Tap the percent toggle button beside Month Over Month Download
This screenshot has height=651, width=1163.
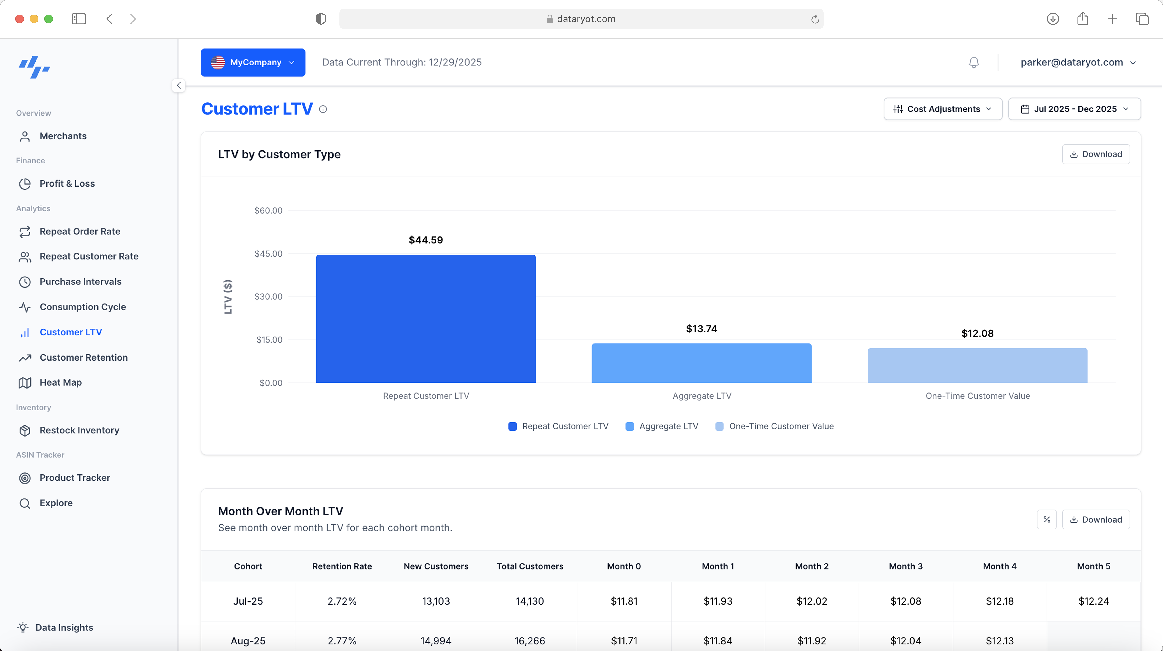(x=1046, y=520)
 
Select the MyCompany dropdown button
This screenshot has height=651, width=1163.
(x=253, y=62)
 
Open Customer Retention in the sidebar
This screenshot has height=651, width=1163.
(x=83, y=357)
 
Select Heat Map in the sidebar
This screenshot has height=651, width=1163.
(x=60, y=382)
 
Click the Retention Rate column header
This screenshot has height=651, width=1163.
(x=342, y=566)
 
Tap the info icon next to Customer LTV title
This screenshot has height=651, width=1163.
(x=323, y=109)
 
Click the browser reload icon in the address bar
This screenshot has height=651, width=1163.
(x=815, y=19)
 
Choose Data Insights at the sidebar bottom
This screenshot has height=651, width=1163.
(x=64, y=628)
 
